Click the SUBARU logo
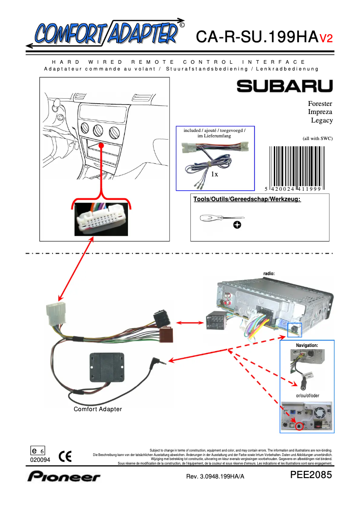point(285,86)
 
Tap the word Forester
point(320,104)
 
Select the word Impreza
point(320,112)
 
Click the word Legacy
point(322,120)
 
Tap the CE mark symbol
point(65,456)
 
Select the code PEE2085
point(311,475)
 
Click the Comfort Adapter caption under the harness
point(98,409)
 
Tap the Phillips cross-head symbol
point(237,224)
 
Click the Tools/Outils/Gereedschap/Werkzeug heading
point(246,199)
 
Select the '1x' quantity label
point(215,174)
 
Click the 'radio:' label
point(268,273)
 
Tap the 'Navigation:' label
point(307,345)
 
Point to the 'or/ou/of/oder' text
point(307,395)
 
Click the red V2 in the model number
point(326,39)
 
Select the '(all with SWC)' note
point(317,138)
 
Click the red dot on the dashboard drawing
point(102,146)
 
